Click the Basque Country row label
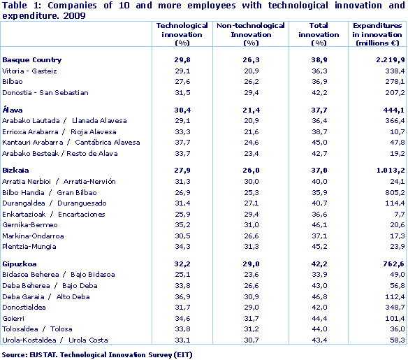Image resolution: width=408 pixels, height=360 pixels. [32, 60]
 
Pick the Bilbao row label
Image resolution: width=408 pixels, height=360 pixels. [14, 82]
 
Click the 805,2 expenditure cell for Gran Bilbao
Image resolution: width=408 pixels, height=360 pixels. [393, 192]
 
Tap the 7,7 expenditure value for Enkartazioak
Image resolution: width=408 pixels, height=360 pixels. [398, 214]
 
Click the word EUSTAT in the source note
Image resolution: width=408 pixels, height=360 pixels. [45, 355]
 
